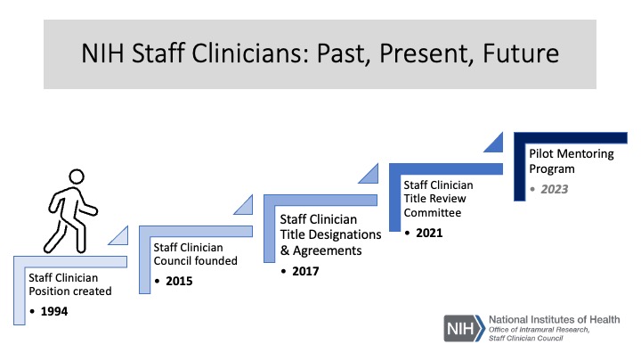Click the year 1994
click(54, 311)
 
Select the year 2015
click(179, 281)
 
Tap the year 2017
click(305, 271)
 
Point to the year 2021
click(429, 233)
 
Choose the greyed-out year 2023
click(555, 189)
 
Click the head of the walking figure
click(77, 176)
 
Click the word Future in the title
click(521, 53)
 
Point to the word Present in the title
click(426, 53)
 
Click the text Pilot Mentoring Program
click(572, 161)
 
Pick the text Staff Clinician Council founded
click(195, 254)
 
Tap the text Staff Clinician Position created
click(70, 284)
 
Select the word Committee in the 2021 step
click(433, 213)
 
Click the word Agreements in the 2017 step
click(328, 250)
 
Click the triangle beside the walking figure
click(121, 238)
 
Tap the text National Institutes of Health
click(555, 319)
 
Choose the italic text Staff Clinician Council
click(526, 338)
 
